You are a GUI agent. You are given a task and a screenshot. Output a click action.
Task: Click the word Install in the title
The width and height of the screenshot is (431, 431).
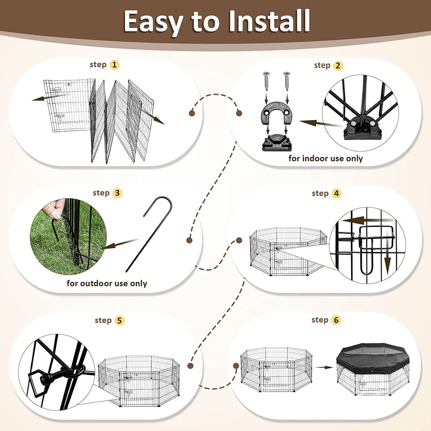pos(269,21)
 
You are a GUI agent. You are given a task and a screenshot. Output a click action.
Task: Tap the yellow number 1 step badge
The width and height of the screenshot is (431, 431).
pos(114,65)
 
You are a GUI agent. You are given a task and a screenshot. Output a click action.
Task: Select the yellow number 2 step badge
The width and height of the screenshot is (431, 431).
pos(338,66)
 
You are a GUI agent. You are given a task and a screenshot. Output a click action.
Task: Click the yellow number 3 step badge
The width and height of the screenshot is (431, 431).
pos(117,193)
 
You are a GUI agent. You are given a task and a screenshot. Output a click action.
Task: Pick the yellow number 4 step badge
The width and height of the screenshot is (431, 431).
pos(336,193)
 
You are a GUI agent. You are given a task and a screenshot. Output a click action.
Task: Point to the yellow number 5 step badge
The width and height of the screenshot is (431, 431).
pos(119,321)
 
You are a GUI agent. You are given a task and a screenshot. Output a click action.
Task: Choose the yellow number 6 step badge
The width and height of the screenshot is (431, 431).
pos(336,320)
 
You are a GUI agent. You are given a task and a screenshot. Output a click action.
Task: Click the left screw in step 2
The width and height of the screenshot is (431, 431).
pos(266,81)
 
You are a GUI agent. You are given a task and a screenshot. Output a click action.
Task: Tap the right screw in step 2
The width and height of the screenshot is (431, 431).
pos(287,81)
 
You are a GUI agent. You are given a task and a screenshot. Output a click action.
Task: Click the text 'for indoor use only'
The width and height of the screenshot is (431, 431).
pos(326,159)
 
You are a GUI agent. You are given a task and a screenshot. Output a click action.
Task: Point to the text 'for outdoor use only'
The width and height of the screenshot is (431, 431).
pos(107,283)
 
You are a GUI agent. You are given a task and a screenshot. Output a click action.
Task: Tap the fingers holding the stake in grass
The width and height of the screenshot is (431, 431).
pos(55,209)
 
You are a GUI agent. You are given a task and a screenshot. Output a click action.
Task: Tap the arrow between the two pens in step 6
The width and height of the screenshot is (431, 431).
pos(324,367)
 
